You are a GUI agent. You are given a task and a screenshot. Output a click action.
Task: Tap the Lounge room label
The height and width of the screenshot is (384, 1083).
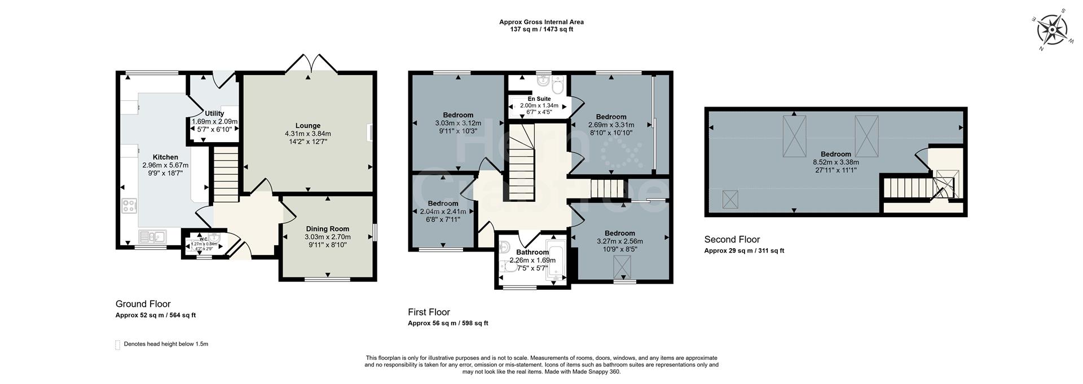(307, 126)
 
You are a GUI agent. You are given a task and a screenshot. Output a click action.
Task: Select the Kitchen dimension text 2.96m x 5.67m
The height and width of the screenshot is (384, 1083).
(165, 165)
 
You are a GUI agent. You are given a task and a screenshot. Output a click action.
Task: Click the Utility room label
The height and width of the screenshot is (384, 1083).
(214, 113)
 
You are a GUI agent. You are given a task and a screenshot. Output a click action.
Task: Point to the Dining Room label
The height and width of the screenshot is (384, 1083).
(328, 229)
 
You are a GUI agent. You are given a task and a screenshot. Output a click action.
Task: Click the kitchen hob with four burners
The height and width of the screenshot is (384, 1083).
(129, 206)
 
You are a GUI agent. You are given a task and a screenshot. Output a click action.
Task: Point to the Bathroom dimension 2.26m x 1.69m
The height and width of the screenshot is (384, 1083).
(532, 261)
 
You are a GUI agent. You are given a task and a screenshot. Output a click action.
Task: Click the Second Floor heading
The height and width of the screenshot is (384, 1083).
(732, 240)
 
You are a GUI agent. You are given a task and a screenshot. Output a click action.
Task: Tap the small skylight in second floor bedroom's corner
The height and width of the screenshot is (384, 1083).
(730, 199)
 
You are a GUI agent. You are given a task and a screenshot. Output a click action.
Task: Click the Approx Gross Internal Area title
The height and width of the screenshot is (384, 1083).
(541, 22)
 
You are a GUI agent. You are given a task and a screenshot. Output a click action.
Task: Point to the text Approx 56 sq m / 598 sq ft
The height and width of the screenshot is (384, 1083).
(448, 323)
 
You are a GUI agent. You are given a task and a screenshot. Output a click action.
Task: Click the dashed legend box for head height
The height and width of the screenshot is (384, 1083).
(118, 345)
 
